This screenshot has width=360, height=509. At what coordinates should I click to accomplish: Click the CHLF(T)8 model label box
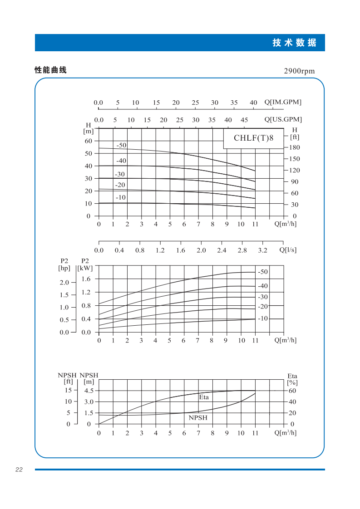click(254, 138)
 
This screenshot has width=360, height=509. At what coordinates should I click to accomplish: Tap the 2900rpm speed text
click(299, 71)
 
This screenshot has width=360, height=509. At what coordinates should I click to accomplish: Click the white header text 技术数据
click(294, 43)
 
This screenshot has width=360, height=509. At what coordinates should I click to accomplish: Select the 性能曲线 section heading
click(50, 70)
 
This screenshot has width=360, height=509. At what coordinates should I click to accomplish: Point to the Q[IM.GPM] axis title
click(283, 102)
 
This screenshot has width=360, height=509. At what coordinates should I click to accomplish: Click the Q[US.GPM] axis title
click(283, 120)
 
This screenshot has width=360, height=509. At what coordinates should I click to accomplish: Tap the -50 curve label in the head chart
click(121, 146)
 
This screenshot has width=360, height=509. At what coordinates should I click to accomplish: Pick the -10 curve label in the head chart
click(120, 198)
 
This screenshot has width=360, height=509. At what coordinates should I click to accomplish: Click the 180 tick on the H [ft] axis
click(294, 148)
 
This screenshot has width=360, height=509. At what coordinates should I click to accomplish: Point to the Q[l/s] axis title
click(288, 250)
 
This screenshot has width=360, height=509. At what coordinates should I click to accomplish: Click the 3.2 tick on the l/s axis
click(263, 250)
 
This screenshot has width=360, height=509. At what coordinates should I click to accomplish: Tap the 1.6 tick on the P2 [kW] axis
click(86, 279)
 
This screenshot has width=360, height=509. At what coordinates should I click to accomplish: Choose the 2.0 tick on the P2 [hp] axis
click(64, 283)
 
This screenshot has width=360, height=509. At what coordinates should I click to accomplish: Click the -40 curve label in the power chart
click(263, 286)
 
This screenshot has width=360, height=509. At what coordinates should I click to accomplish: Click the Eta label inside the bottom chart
click(204, 397)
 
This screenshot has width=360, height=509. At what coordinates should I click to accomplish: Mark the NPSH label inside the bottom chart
click(198, 418)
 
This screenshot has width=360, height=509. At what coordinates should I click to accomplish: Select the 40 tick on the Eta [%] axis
click(292, 402)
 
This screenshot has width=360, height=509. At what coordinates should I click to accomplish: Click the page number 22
click(19, 470)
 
